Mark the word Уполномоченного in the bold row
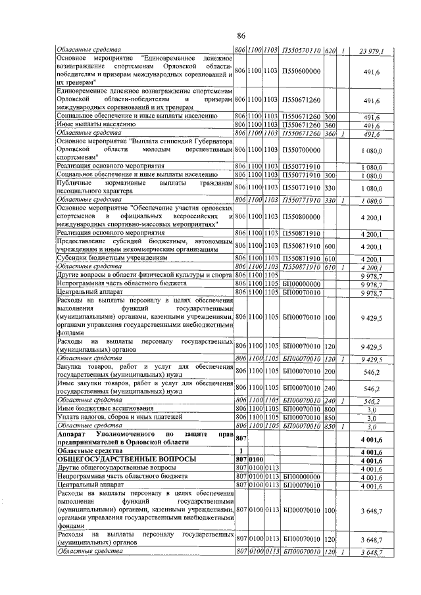[x=129, y=435]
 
